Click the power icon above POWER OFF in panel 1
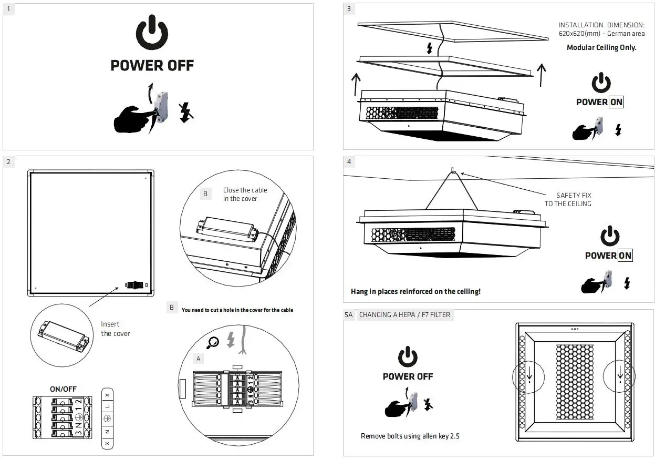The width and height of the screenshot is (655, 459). [x=152, y=35]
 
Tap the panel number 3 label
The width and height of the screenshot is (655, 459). [x=349, y=9]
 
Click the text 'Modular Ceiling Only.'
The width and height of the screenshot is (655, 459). [x=601, y=47]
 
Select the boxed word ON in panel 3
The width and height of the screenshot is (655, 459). [x=616, y=102]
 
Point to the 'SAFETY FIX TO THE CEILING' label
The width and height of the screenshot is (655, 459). [x=568, y=199]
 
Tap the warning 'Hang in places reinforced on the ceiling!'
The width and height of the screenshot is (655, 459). [x=415, y=291]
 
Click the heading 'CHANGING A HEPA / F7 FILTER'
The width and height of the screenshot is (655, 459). [x=404, y=315]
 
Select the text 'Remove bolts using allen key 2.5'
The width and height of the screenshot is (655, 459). [x=410, y=436]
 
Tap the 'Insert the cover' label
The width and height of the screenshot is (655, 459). [x=115, y=329]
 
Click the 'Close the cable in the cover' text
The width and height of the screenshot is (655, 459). [x=245, y=194]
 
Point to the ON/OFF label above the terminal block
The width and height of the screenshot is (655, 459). [x=63, y=389]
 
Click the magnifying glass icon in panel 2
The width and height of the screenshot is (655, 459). [x=213, y=342]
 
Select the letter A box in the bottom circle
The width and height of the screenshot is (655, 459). [x=199, y=359]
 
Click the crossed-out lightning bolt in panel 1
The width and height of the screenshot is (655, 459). [x=184, y=112]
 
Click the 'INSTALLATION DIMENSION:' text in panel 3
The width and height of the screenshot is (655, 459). [x=601, y=25]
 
